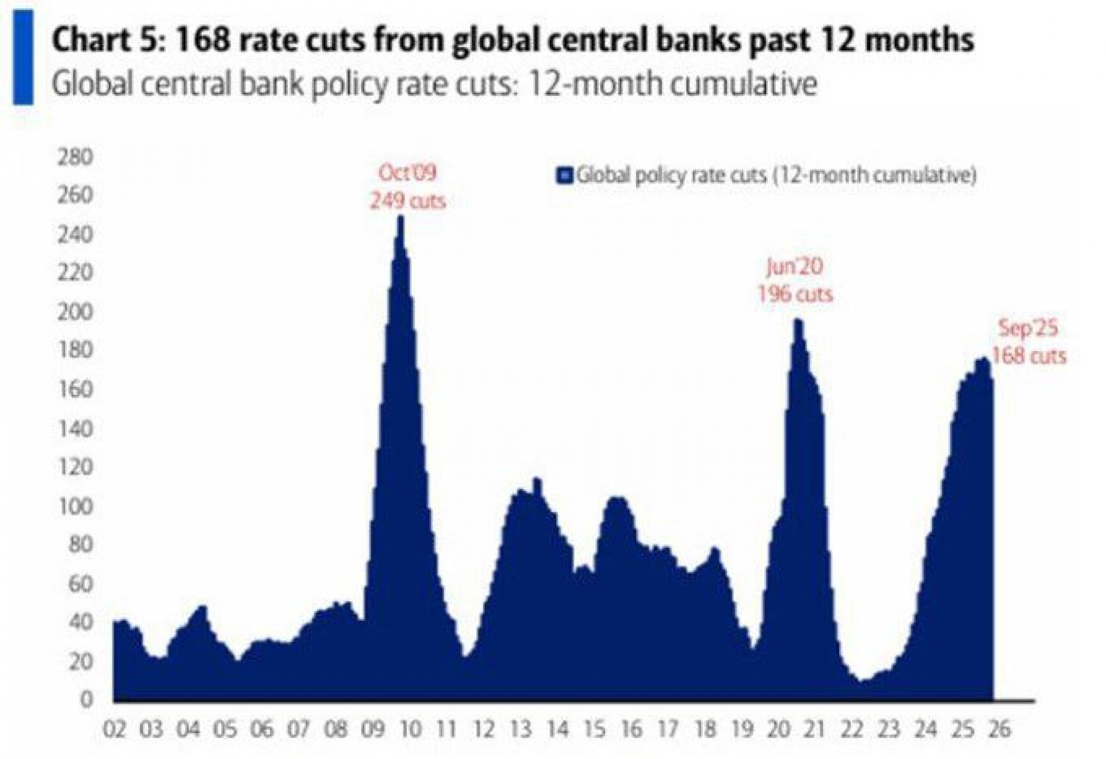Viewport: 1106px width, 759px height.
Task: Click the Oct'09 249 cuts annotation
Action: pyautogui.click(x=407, y=186)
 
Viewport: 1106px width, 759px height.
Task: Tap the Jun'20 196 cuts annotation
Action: pyautogui.click(x=795, y=280)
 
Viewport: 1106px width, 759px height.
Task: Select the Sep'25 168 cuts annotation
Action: pyautogui.click(x=1029, y=342)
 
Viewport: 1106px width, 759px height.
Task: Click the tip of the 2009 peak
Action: pyautogui.click(x=401, y=218)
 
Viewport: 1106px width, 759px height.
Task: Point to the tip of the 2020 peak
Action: pyautogui.click(x=798, y=321)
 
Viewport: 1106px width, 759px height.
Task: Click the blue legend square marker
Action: pyautogui.click(x=565, y=175)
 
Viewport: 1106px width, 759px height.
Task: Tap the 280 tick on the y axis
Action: pyautogui.click(x=75, y=157)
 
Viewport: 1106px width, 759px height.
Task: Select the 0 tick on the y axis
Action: pyautogui.click(x=86, y=700)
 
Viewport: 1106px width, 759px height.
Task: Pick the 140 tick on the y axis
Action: pyautogui.click(x=75, y=429)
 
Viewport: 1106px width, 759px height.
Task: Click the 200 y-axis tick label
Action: pyautogui.click(x=75, y=312)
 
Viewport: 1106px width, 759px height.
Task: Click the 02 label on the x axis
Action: pyautogui.click(x=114, y=730)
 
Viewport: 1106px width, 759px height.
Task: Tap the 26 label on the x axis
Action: pyautogui.click(x=999, y=730)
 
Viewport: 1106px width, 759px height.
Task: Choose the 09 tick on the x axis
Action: pyautogui.click(x=373, y=730)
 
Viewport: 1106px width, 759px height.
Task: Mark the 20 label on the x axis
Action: pyautogui.click(x=778, y=730)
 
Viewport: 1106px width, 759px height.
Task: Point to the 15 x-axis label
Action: pyautogui.click(x=594, y=730)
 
